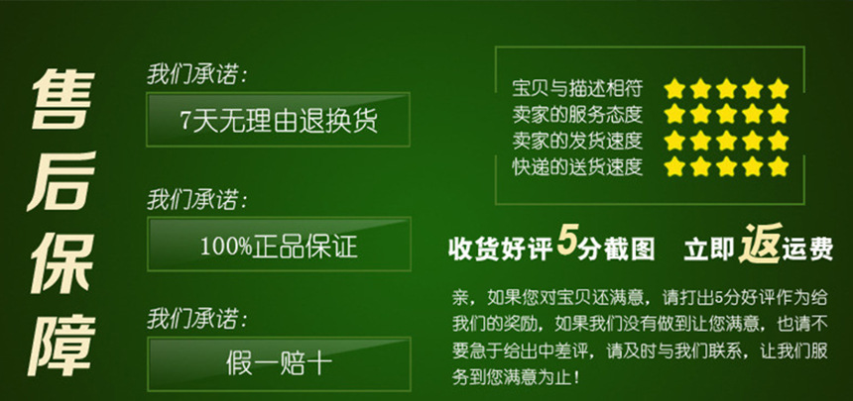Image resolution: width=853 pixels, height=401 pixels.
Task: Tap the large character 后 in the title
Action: [61, 181]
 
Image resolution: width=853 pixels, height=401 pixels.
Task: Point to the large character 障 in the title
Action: [61, 344]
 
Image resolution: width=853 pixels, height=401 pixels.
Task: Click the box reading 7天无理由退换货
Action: [278, 120]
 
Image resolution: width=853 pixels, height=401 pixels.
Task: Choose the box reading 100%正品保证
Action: [279, 244]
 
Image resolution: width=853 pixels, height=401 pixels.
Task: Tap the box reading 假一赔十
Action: [279, 363]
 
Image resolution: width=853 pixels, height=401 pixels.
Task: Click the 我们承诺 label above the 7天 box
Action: [196, 75]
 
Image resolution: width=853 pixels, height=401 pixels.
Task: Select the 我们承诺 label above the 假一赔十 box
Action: [196, 319]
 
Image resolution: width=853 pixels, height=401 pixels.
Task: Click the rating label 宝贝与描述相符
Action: [577, 87]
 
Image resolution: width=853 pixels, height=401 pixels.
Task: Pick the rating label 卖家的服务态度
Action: [577, 114]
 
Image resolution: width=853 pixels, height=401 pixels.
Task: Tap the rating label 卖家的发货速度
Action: [577, 141]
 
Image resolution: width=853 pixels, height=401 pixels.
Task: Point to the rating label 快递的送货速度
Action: [577, 166]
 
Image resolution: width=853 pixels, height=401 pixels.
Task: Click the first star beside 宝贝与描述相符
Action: [674, 88]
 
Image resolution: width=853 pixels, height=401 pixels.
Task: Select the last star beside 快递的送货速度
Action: [779, 165]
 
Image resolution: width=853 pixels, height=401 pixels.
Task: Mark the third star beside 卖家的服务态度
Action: [727, 114]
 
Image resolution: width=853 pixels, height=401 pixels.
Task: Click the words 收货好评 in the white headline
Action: [501, 249]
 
